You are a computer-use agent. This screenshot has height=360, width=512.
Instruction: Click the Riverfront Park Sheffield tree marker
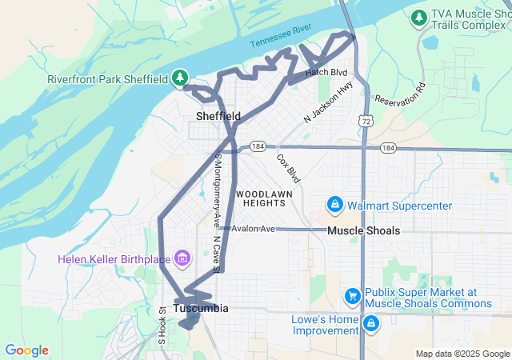pyautogui.click(x=182, y=78)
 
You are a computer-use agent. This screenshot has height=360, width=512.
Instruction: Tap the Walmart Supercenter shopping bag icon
pyautogui.click(x=334, y=206)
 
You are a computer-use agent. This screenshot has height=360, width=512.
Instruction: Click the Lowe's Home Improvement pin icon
pyautogui.click(x=371, y=324)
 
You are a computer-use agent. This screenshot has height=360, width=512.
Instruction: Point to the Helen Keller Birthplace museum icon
pyautogui.click(x=182, y=258)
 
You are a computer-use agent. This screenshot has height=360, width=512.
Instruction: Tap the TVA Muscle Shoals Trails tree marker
pyautogui.click(x=418, y=17)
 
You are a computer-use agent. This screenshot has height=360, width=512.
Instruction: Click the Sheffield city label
pyautogui.click(x=218, y=117)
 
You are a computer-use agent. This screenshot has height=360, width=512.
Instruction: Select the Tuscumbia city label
pyautogui.click(x=201, y=308)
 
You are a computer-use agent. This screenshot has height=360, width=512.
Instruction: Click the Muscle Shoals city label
pyautogui.click(x=363, y=230)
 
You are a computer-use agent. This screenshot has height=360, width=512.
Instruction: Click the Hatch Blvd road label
pyautogui.click(x=327, y=73)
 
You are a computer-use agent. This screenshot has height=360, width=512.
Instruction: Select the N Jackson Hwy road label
pyautogui.click(x=329, y=103)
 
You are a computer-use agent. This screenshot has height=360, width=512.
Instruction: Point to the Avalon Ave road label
pyautogui.click(x=254, y=229)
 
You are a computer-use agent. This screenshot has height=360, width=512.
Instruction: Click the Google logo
pyautogui.click(x=26, y=350)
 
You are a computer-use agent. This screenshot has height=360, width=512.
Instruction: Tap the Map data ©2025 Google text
pyautogui.click(x=462, y=354)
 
